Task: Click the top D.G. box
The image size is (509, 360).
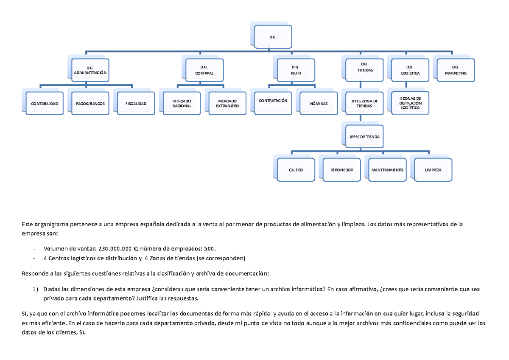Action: click(x=273, y=37)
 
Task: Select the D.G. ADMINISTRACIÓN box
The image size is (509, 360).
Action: click(x=90, y=70)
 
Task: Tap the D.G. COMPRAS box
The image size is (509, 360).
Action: click(x=204, y=70)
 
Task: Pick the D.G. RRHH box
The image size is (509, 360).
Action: click(x=296, y=70)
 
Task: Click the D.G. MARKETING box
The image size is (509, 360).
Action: click(x=456, y=70)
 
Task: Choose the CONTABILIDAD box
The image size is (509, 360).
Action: click(x=45, y=103)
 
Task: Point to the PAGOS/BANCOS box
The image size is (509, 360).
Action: click(x=90, y=103)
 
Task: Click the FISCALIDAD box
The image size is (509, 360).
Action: click(x=136, y=103)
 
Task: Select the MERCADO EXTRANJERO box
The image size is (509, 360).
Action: click(x=227, y=103)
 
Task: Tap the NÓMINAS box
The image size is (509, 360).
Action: click(x=319, y=103)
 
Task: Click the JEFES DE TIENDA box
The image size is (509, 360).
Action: click(x=364, y=136)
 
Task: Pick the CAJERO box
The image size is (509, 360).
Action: click(x=296, y=170)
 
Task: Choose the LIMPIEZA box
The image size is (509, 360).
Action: click(x=433, y=170)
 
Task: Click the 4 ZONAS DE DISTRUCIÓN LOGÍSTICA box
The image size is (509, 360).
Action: click(x=410, y=103)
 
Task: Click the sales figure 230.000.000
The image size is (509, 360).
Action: click(x=115, y=249)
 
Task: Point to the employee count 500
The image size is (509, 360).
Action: click(x=209, y=249)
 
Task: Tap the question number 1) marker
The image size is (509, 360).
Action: click(x=35, y=289)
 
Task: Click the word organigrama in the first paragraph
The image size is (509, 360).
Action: click(x=51, y=225)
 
